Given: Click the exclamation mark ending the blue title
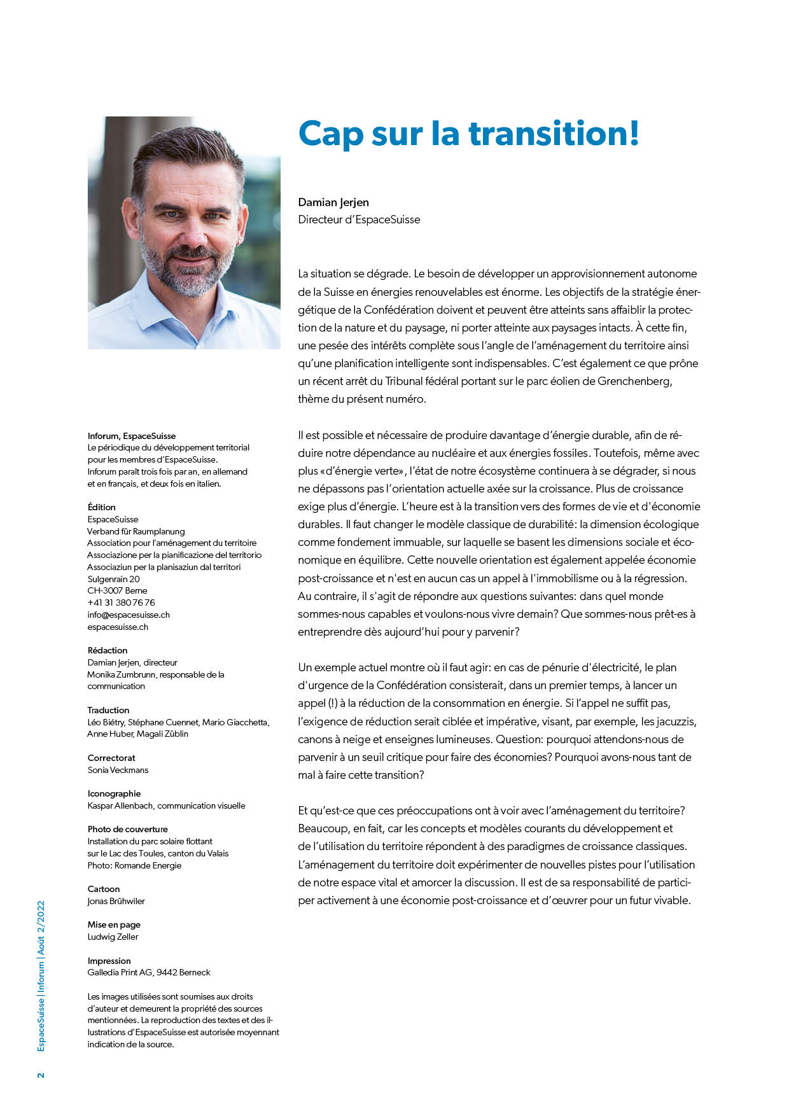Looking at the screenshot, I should coord(632,134).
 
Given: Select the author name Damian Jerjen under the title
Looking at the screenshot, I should coord(333,202).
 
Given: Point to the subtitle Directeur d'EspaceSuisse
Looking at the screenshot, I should coord(359,220).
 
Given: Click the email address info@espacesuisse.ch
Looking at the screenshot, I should coord(129,615).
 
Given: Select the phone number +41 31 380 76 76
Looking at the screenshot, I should coord(121,603).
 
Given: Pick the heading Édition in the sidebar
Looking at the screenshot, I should coord(102,507).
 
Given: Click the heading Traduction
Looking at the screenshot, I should coord(108,710).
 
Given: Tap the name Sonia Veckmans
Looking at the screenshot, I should coord(118,770).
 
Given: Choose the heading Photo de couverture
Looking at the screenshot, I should coord(128,829).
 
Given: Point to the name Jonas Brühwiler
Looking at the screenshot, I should coord(116,901).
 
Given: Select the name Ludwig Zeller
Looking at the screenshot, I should coord(113,937).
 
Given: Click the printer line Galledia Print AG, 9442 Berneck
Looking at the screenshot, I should coord(149,972).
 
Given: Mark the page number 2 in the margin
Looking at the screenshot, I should coord(41,1075).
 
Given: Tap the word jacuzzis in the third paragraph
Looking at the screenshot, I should coord(676,722).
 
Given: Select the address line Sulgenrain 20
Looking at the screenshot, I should coord(113,579).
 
